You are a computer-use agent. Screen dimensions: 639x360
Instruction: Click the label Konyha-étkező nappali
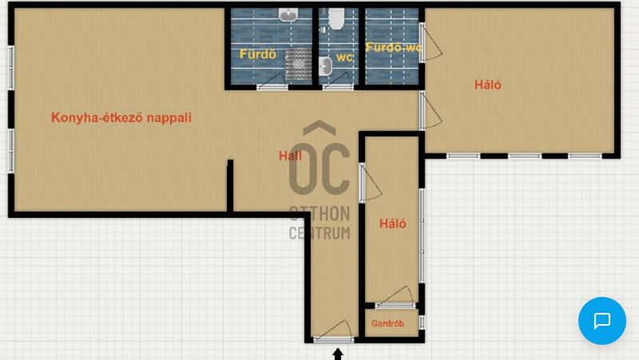(x=121, y=117)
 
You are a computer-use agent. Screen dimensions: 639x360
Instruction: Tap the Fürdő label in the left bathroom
(x=257, y=54)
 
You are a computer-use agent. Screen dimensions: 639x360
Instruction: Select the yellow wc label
(x=344, y=57)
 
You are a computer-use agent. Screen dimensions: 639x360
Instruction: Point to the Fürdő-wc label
(x=393, y=47)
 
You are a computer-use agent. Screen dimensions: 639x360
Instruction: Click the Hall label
(x=290, y=156)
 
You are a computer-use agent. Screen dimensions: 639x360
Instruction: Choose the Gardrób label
(x=387, y=323)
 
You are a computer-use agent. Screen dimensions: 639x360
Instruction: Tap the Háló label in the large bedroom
(x=488, y=85)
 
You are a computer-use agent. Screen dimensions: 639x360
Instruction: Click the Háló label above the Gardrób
(x=392, y=224)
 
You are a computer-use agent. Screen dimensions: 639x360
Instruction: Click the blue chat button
(x=602, y=321)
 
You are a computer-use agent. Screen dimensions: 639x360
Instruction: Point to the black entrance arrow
(x=337, y=354)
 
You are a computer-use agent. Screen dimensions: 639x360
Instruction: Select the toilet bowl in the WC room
(x=336, y=18)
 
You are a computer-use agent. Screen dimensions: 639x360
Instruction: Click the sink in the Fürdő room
(x=288, y=15)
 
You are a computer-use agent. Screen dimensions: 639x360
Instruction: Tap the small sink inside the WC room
(x=326, y=66)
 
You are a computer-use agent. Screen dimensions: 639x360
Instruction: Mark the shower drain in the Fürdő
(x=299, y=64)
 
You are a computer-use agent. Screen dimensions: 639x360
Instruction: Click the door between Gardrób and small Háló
(x=395, y=298)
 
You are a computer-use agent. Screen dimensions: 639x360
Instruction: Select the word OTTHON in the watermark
(x=319, y=214)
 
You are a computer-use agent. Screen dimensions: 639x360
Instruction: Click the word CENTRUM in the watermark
(x=319, y=233)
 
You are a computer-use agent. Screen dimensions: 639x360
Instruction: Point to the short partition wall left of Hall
(x=230, y=186)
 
